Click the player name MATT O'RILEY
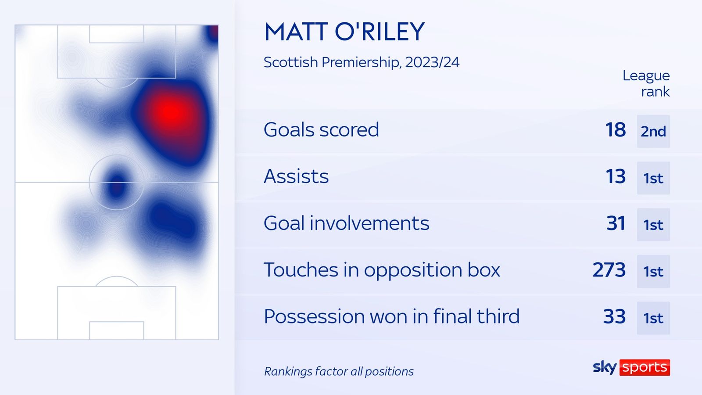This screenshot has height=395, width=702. [344, 32]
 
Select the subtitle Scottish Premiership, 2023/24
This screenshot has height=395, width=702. [361, 62]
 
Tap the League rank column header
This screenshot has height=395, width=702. [646, 83]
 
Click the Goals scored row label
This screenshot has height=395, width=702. [321, 130]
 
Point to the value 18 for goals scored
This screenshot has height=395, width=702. [615, 130]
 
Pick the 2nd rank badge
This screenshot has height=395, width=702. [653, 131]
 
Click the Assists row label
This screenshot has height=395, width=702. [296, 176]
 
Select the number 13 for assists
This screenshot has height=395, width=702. [615, 176]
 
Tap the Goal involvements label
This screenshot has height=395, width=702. [346, 223]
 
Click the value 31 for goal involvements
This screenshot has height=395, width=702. [616, 223]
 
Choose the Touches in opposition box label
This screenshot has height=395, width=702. [382, 270]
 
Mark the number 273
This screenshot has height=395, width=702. [609, 270]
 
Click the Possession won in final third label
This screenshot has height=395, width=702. [391, 316]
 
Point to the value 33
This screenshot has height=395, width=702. [614, 316]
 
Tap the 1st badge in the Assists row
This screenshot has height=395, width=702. [653, 178]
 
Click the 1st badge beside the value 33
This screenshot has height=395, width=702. [653, 318]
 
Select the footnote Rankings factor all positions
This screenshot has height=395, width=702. [339, 372]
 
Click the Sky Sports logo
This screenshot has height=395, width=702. [631, 367]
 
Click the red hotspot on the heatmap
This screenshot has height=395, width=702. [170, 113]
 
